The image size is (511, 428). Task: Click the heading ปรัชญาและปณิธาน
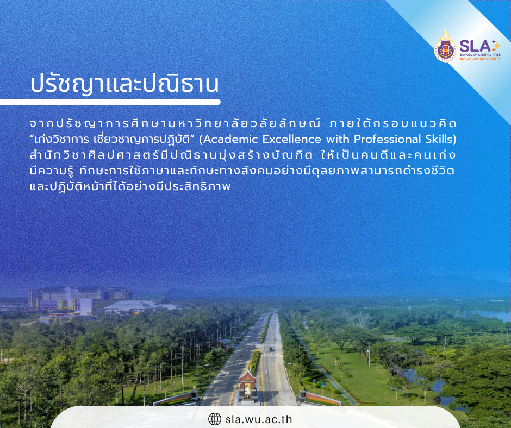coord(124,84)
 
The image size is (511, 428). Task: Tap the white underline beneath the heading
coord(110,102)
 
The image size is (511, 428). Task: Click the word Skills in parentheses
coord(439,140)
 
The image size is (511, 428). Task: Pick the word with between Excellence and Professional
coord(338,139)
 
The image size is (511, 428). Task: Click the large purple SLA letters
coord(475,46)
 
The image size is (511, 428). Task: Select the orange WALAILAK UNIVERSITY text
coord(480,59)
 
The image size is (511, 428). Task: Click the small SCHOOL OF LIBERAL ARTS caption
coord(480,55)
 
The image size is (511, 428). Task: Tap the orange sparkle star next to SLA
coord(496,46)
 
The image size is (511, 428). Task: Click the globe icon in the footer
coord(214,419)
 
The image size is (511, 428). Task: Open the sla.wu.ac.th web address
coord(259,419)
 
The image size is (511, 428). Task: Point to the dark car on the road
coord(271,349)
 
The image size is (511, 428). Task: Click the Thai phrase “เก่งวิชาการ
coord(61,140)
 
